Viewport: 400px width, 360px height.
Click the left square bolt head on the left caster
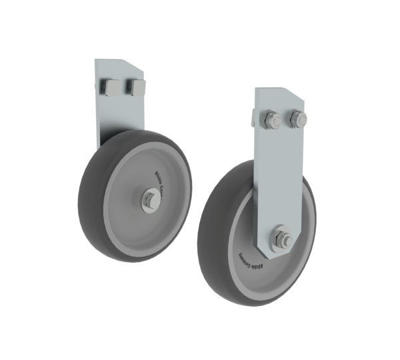point(110,87)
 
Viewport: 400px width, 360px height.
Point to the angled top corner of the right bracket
point(301,95)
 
